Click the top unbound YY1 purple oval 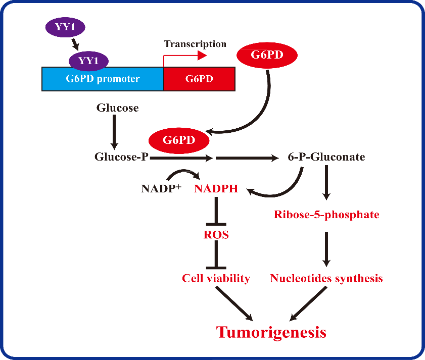pos(65,27)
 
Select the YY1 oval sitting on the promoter pos(88,61)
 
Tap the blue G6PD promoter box pos(103,79)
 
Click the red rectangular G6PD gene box pos(199,79)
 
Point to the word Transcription pos(195,44)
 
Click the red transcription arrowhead pos(202,56)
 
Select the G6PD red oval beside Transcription pos(267,55)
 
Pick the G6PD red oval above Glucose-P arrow pos(179,140)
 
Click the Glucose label pos(118,108)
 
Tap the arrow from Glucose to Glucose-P pos(114,132)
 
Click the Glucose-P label pos(121,157)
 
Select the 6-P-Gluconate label pos(326,157)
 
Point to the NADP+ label pos(161,188)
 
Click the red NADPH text pos(216,188)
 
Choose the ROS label pos(216,235)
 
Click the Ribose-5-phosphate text pos(326,215)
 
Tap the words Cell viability pos(216,279)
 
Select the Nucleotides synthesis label pos(326,279)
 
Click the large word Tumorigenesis pos(271,333)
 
